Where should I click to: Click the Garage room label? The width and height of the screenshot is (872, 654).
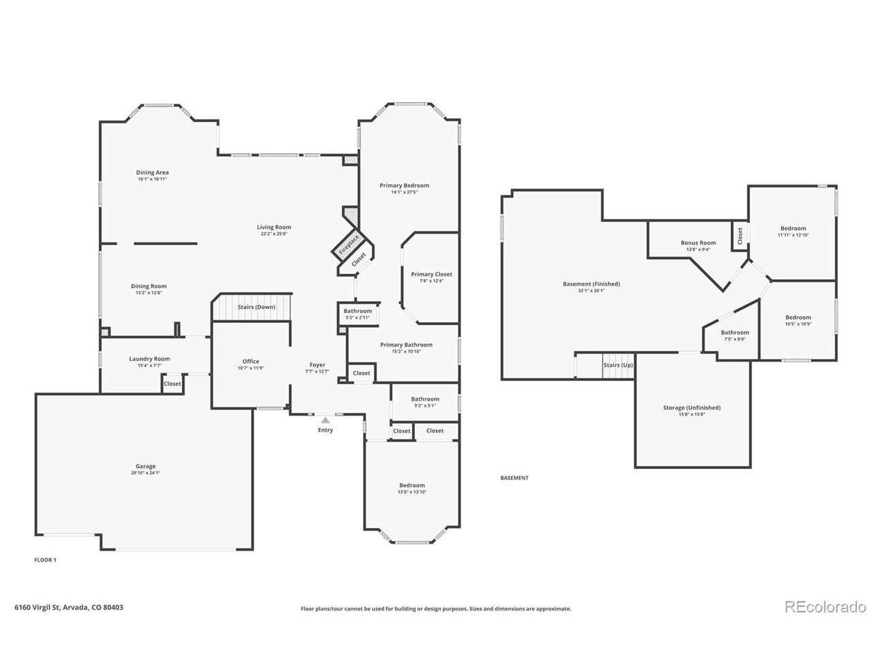tap(145, 467)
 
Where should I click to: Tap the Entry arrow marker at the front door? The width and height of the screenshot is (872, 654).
tap(326, 420)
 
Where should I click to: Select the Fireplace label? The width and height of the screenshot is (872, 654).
tap(349, 244)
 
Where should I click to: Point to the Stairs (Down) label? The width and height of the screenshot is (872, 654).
tap(256, 307)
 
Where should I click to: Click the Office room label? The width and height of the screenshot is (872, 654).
tap(251, 362)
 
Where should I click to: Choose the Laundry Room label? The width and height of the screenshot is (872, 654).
tap(150, 359)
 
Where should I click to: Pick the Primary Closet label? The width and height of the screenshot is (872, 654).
tap(431, 275)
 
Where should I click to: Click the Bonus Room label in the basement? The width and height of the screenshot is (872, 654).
tap(698, 243)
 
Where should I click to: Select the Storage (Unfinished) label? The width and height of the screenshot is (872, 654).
tap(691, 408)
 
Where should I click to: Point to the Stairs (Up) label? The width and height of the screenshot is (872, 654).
tap(618, 366)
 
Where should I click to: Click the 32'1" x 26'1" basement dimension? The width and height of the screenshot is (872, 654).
tap(591, 291)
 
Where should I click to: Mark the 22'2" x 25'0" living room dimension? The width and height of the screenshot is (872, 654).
tap(274, 234)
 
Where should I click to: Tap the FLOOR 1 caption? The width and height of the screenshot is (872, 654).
tap(45, 560)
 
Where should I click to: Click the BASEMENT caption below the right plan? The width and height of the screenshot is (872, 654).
tap(514, 478)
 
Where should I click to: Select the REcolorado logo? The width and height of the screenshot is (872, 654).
tap(824, 606)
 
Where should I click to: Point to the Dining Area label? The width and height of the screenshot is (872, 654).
tap(153, 172)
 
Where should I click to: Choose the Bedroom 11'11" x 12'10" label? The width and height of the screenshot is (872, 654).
tap(793, 229)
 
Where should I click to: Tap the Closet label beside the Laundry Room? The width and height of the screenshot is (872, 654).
tap(172, 384)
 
